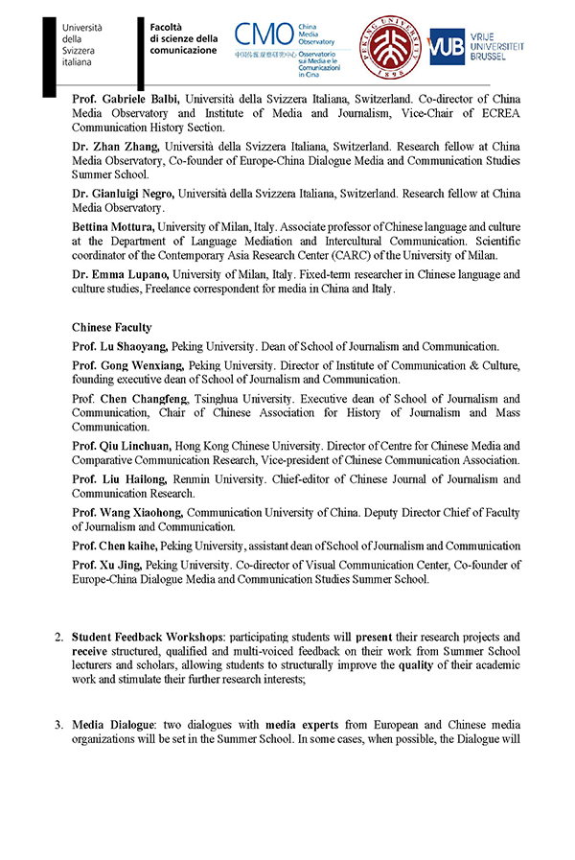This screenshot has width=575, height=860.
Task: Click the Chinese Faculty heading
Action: click(x=111, y=328)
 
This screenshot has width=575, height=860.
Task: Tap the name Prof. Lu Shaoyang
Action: click(x=121, y=347)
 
